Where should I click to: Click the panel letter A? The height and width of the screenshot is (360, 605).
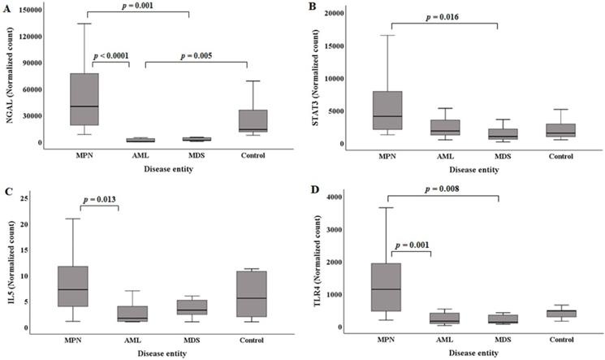(7, 7)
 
